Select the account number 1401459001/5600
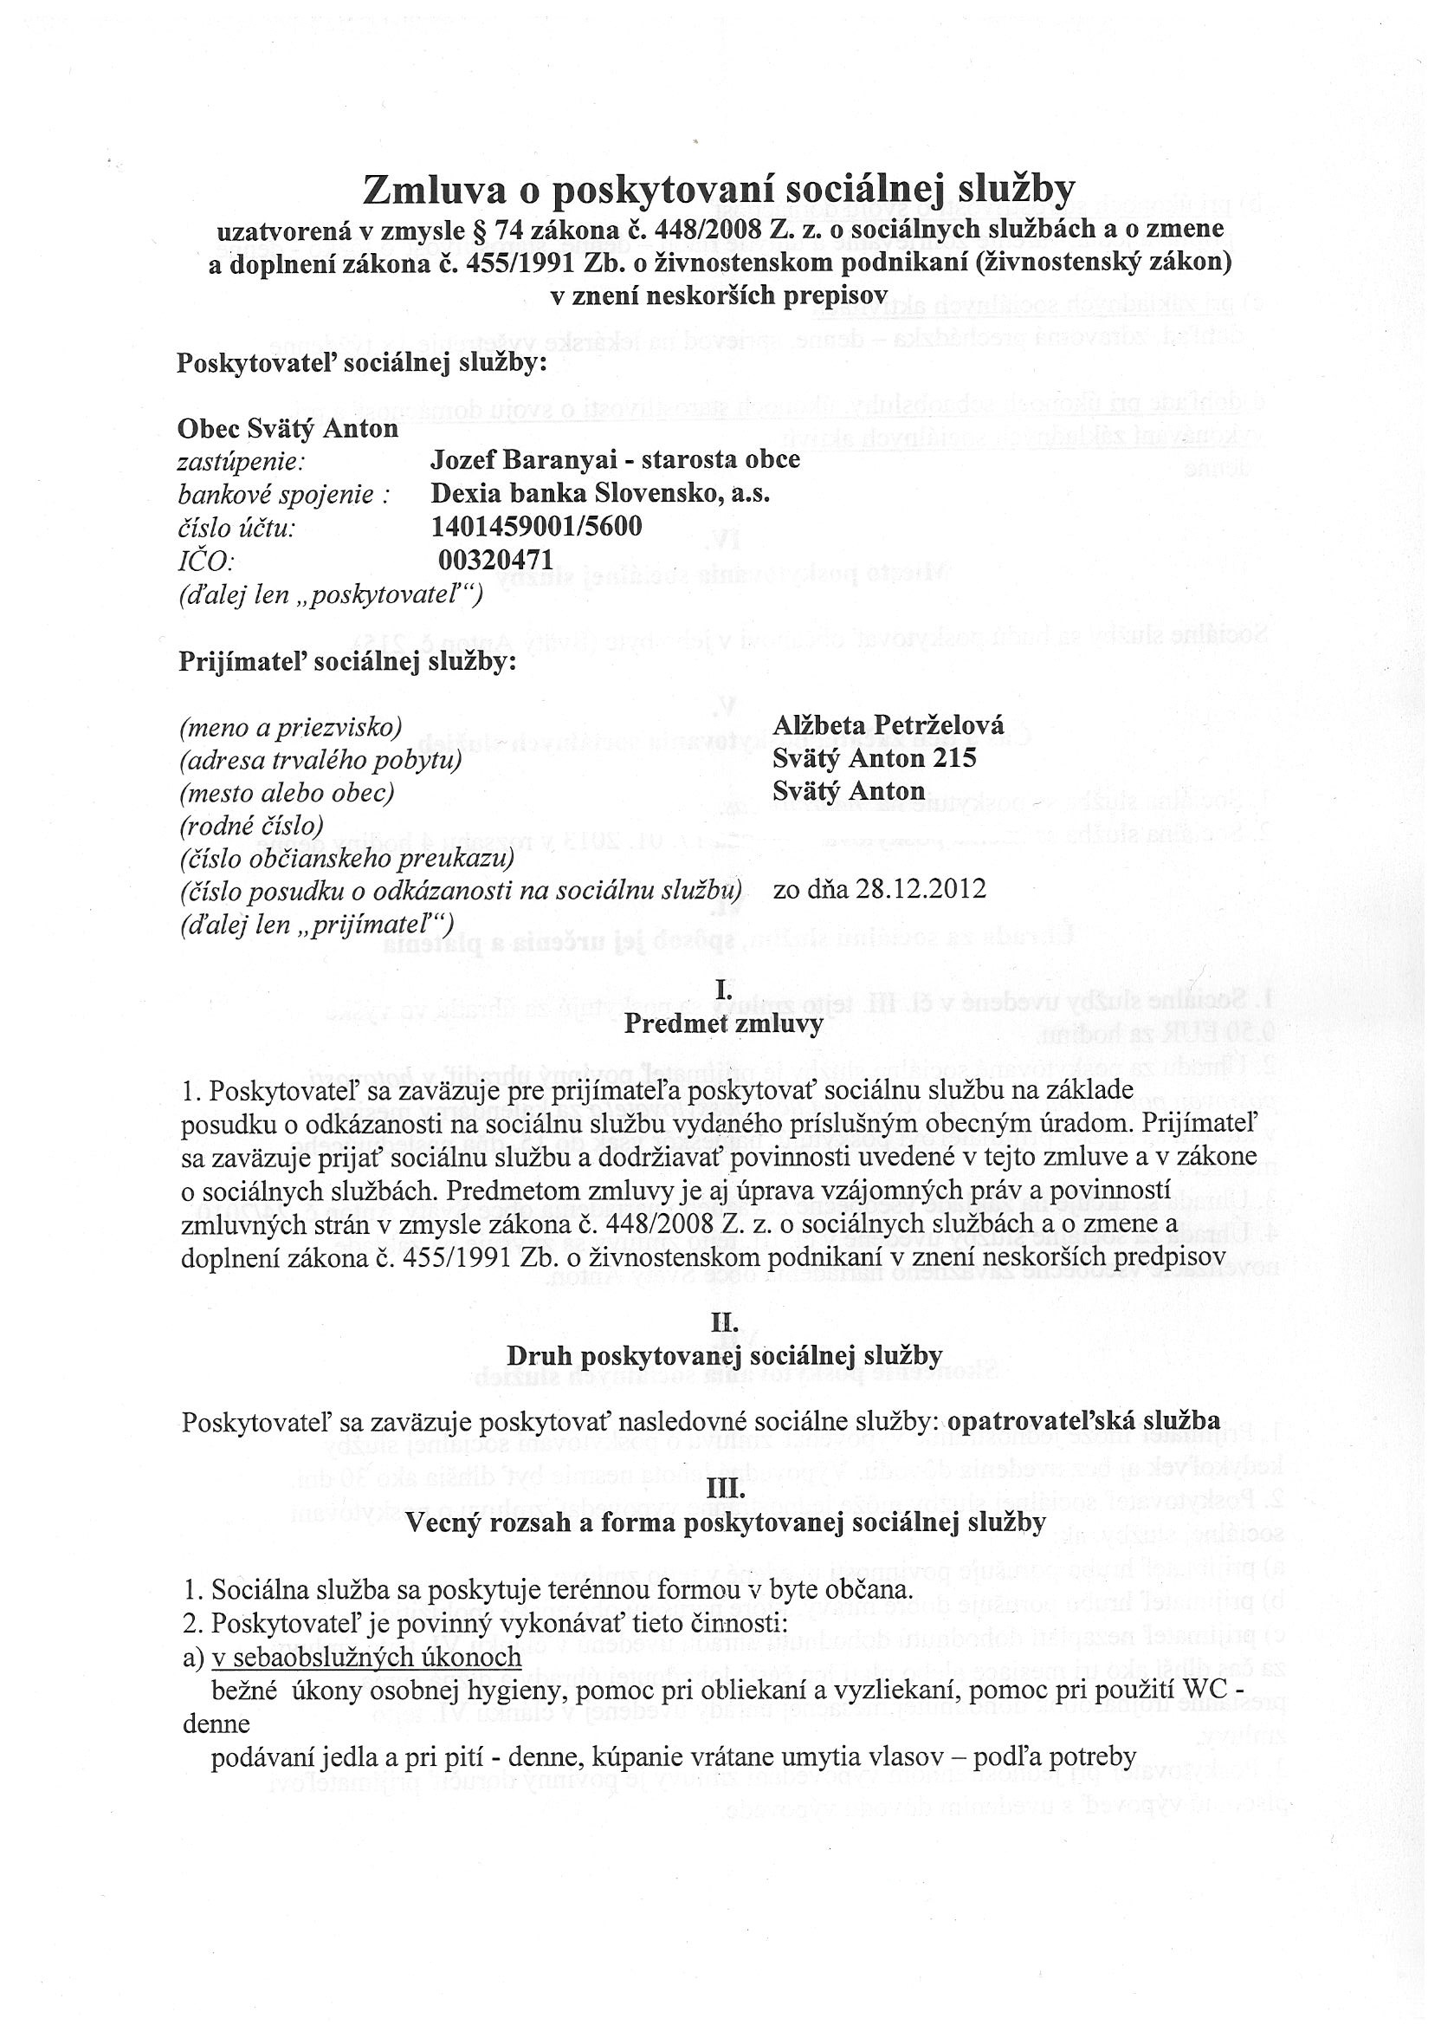[536, 527]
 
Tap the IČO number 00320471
[496, 560]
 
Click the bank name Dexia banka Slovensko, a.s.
[600, 494]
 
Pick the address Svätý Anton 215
[874, 758]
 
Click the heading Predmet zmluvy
[723, 1024]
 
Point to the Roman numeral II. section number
[723, 1324]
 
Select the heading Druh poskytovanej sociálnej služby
[723, 1357]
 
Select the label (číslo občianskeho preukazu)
[347, 859]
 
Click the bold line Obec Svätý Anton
[288, 429]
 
